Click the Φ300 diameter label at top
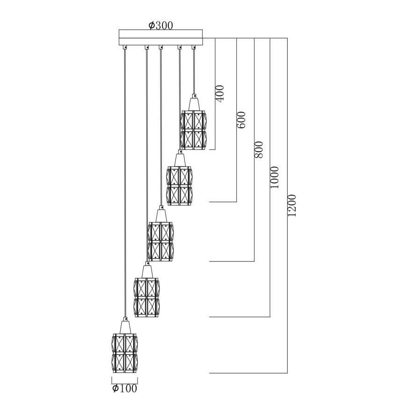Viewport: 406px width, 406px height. [160, 26]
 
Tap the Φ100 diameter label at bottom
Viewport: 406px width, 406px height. [125, 388]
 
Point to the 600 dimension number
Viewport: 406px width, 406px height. [241, 120]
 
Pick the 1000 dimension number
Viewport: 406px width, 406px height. [275, 177]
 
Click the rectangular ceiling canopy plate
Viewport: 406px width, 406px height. [161, 37]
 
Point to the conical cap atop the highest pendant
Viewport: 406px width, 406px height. [193, 102]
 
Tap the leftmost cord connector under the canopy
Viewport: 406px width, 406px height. [125, 46]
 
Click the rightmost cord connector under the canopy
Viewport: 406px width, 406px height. [193, 46]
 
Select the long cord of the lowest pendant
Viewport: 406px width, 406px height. [125, 187]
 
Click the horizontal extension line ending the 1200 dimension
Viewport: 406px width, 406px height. [248, 373]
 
